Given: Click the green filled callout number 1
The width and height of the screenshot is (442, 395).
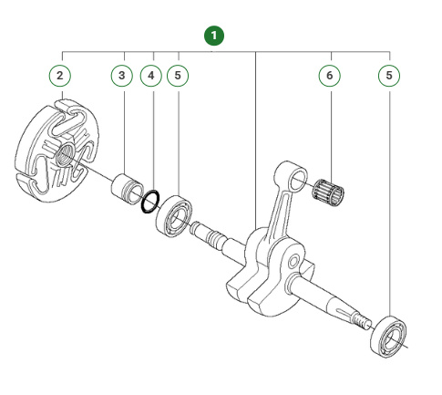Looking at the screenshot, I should coord(214,36).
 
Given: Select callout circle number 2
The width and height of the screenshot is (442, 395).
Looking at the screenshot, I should coord(60,74).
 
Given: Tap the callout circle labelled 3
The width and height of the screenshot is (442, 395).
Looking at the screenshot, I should coord(124,74).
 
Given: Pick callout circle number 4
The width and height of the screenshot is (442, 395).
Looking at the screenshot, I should coord(152,74).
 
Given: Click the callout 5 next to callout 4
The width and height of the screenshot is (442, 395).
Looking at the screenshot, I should coord(179,74).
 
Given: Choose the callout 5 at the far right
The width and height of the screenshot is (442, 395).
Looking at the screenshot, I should coord(390,74).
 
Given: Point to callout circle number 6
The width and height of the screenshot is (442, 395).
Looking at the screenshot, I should coord(330,74).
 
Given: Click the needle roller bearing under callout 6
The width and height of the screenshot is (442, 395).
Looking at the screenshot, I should coord(329,194).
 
